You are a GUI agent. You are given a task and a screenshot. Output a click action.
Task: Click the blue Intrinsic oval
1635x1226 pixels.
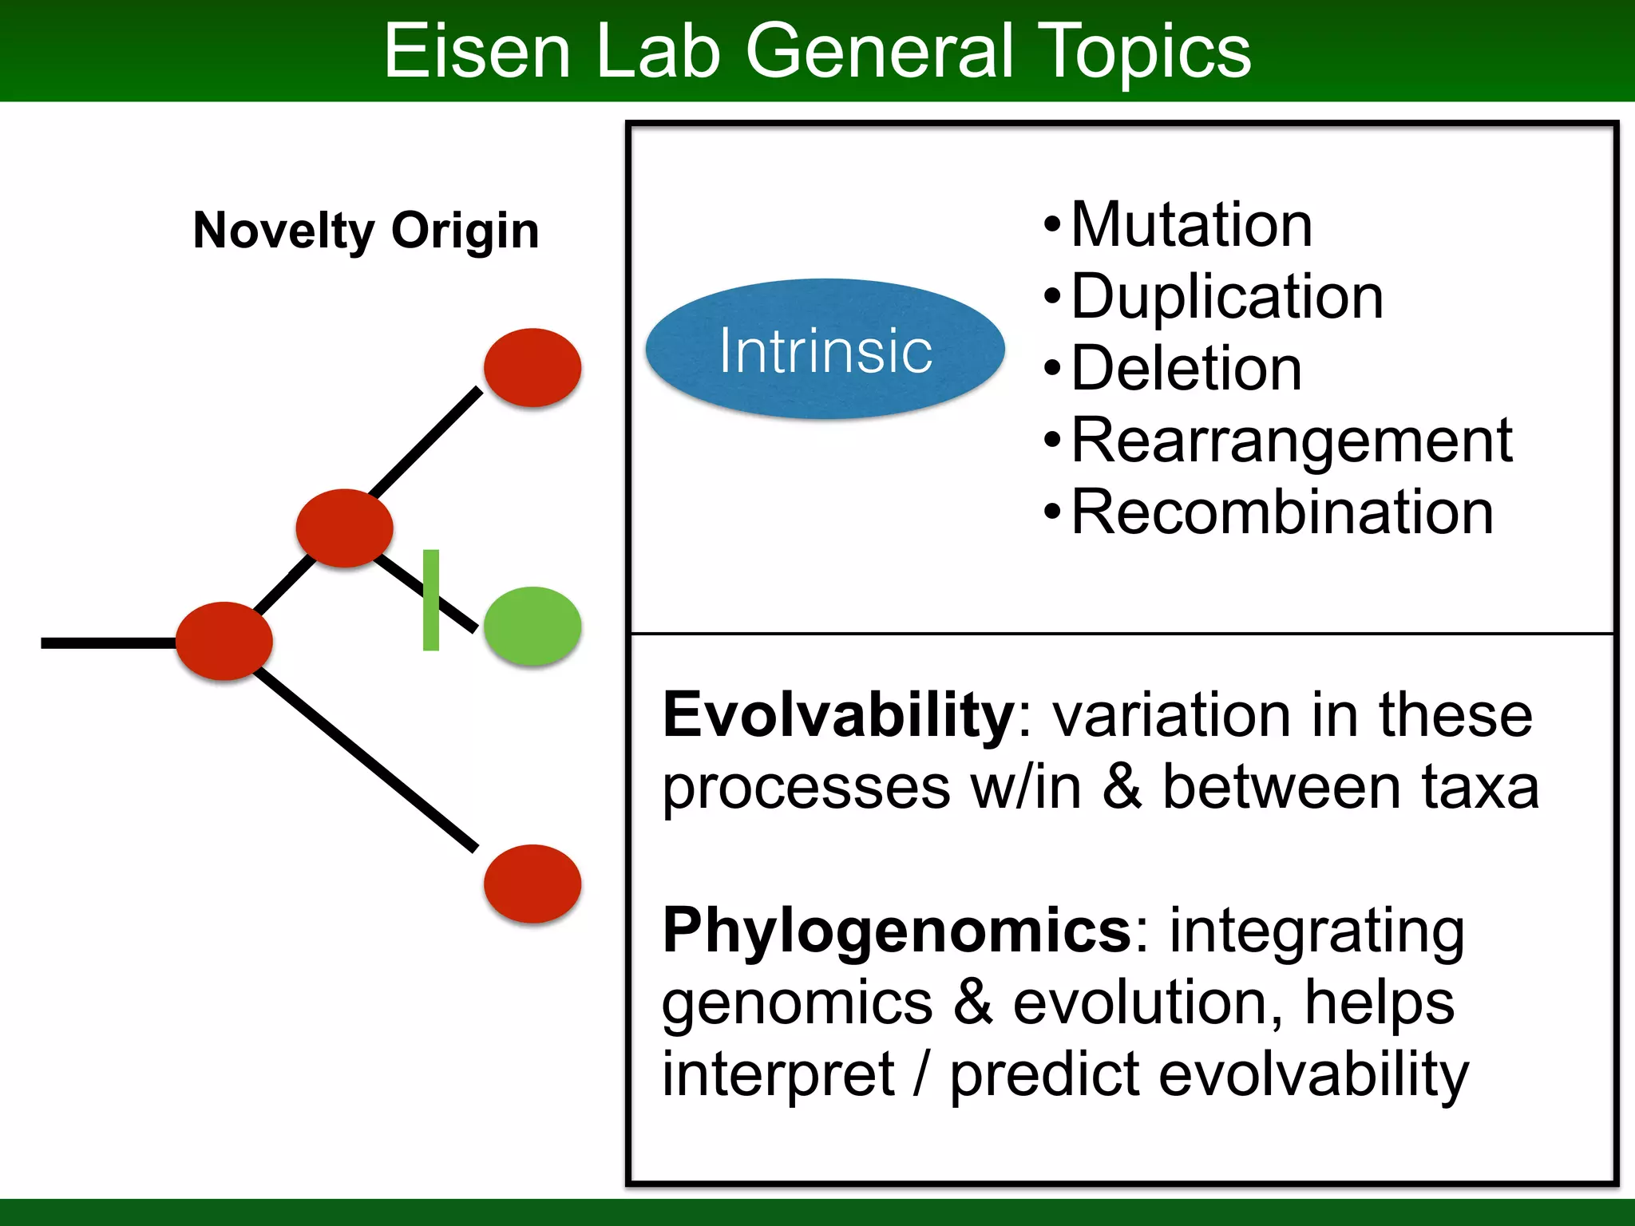[825, 349]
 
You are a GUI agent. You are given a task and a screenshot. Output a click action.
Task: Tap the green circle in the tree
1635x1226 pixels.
[532, 626]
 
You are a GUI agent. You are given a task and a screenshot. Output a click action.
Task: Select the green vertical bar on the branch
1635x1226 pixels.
[431, 599]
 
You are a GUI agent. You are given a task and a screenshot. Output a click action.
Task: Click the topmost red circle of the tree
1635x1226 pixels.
[532, 367]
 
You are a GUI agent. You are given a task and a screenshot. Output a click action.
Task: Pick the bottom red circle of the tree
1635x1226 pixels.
[532, 884]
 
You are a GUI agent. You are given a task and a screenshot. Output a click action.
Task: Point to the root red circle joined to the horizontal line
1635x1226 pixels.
[224, 641]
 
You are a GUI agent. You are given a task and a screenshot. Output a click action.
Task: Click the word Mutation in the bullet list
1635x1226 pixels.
[1191, 225]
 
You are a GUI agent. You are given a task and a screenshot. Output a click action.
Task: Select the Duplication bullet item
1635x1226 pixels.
[1227, 297]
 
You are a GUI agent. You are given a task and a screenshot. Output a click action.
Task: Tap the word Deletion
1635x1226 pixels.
[1186, 369]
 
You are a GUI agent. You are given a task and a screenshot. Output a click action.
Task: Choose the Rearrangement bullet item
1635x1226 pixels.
[1292, 441]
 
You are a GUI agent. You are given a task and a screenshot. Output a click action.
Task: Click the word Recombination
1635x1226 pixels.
[1282, 512]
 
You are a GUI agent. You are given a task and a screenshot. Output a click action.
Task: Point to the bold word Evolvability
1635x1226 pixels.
[838, 715]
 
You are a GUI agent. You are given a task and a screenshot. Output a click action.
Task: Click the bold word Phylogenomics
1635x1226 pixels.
[897, 931]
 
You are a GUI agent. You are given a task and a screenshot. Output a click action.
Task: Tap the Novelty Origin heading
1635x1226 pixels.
[366, 231]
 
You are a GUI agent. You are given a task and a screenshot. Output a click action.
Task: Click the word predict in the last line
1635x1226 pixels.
[1044, 1074]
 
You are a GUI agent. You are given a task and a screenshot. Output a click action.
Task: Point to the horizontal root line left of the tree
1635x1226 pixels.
[109, 643]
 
